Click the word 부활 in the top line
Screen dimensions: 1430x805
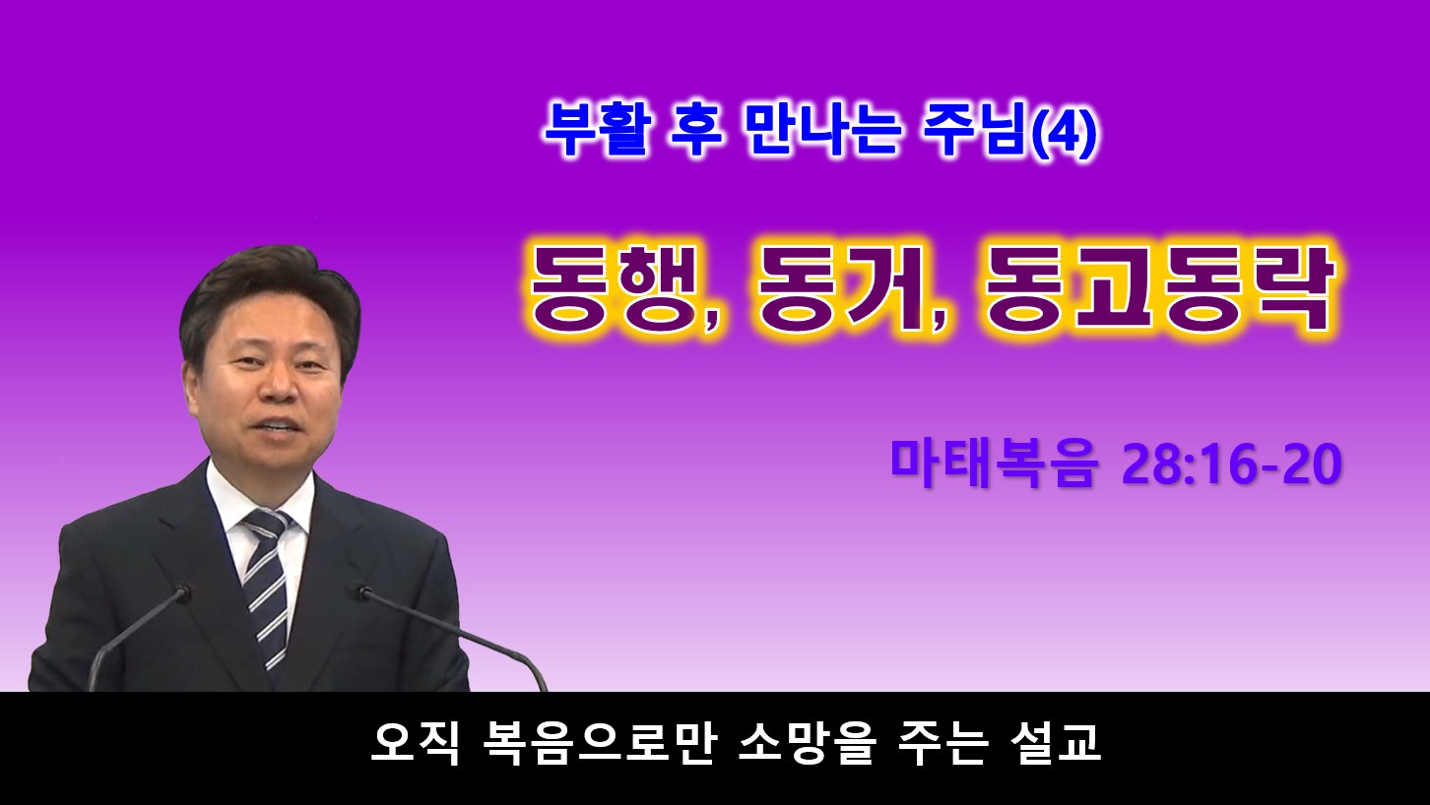click(596, 130)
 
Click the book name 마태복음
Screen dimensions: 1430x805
click(994, 464)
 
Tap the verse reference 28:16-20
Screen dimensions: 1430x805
click(1231, 465)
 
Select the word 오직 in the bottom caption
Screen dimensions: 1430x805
click(415, 742)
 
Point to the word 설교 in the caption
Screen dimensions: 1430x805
click(1057, 742)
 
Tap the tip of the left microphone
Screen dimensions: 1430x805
click(183, 593)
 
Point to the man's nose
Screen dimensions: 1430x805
click(279, 386)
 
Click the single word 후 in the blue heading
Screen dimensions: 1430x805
click(696, 130)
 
